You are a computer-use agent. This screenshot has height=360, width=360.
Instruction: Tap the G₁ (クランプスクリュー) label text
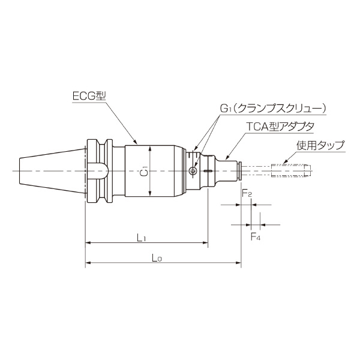pyautogui.click(x=272, y=108)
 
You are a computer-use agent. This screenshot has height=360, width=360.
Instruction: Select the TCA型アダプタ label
pyautogui.click(x=281, y=127)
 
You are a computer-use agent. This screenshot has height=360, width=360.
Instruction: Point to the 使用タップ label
pyautogui.click(x=320, y=146)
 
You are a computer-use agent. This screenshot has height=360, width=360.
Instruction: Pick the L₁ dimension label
pyautogui.click(x=142, y=238)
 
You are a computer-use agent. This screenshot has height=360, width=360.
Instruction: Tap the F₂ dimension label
pyautogui.click(x=246, y=194)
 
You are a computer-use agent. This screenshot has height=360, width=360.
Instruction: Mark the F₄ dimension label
pyautogui.click(x=255, y=236)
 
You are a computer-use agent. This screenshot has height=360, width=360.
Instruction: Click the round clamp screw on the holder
pyautogui.click(x=192, y=172)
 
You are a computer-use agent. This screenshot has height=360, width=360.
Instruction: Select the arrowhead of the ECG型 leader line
pyautogui.click(x=139, y=145)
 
